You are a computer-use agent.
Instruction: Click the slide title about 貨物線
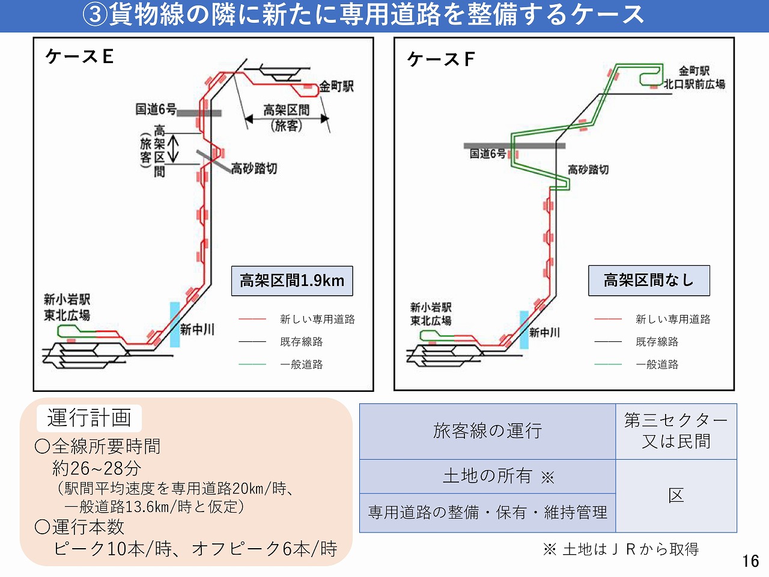pos(363,15)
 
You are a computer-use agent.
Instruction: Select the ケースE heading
pos(79,56)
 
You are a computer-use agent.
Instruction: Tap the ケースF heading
pos(441,59)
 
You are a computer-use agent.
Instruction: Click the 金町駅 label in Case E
pos(336,87)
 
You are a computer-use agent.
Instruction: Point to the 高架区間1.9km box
pos(292,281)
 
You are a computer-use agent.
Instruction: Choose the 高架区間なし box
pos(649,281)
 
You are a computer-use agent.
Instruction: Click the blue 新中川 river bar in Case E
pos(174,324)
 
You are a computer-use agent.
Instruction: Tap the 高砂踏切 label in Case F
pos(588,169)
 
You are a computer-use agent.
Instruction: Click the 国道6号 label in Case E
pos(156,109)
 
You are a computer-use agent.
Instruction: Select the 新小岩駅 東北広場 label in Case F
pos(431,314)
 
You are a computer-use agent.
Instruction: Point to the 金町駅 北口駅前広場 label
pos(694,78)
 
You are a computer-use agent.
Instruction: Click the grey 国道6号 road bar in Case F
pos(514,145)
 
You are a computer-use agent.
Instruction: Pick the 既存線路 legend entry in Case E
pos(301,341)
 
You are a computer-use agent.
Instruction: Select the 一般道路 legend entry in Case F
pos(657,364)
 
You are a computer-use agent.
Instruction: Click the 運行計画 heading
pos(89,418)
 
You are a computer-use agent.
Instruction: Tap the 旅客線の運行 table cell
pos(487,431)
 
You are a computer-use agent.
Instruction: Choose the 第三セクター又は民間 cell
pos(676,431)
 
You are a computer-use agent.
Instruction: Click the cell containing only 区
pos(676,496)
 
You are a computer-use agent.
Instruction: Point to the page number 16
pos(750,561)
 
